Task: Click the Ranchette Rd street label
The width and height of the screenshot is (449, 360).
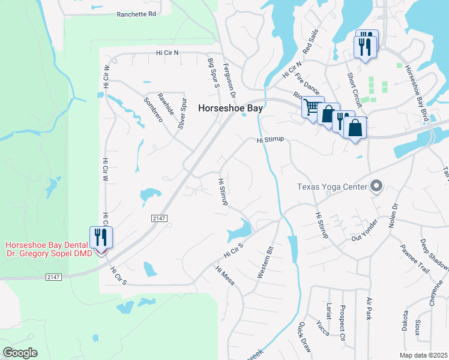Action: click(x=136, y=13)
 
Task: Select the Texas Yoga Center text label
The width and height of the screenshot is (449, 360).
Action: click(x=332, y=187)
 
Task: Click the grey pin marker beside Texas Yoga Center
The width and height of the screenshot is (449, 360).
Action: click(x=376, y=187)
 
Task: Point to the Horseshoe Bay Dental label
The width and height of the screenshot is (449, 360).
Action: click(x=49, y=245)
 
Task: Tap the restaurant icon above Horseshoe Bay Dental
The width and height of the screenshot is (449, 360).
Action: click(x=101, y=237)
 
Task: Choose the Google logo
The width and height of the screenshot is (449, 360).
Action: click(x=20, y=353)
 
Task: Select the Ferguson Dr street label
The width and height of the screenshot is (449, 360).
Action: click(x=231, y=80)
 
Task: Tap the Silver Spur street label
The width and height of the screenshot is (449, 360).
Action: click(x=182, y=115)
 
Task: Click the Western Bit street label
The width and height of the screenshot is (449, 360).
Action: click(x=265, y=262)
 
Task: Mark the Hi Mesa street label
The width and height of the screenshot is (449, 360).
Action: click(x=226, y=275)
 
